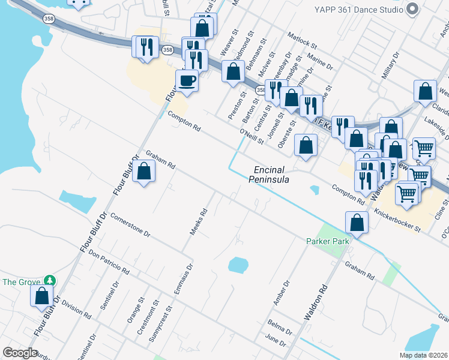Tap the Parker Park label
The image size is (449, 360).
point(328,241)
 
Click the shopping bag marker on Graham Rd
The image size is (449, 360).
point(144,172)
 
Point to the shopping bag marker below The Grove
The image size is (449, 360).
point(42,296)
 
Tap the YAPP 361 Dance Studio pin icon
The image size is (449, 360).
point(412,10)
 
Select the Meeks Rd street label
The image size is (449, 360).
point(199,221)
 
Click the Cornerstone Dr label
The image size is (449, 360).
point(130,226)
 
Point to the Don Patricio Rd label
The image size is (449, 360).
point(109,262)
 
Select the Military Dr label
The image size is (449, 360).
point(390,66)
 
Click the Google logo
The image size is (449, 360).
point(20,353)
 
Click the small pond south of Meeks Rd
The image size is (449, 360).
point(238,265)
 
